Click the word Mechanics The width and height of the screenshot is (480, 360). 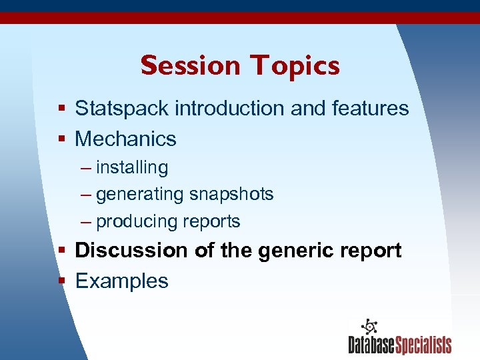click(125, 139)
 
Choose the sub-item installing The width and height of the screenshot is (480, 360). click(132, 167)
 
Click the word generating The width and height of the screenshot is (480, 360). click(139, 195)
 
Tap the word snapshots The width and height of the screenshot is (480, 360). click(231, 194)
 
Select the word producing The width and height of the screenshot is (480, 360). click(137, 221)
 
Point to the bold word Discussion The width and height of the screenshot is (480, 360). click(132, 251)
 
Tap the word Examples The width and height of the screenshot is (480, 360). click(121, 281)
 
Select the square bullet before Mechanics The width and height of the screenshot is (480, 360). click(61, 139)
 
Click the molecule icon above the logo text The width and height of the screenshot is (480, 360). click(369, 327)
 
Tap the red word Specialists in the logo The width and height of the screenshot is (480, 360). click(424, 345)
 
